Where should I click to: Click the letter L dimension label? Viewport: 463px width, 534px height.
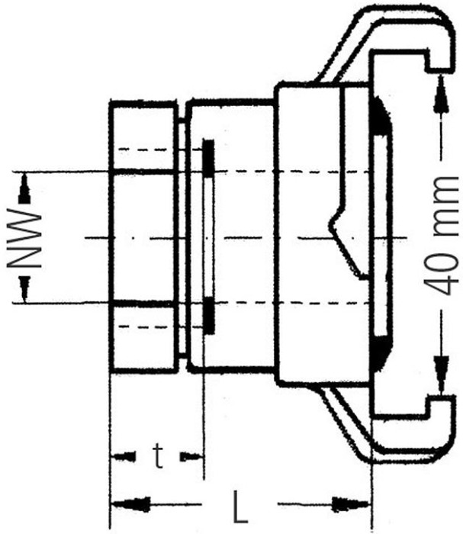pyautogui.click(x=240, y=505)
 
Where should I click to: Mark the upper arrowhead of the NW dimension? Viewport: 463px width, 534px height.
pyautogui.click(x=25, y=182)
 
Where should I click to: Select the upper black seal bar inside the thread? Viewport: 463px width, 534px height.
pyautogui.click(x=209, y=157)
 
